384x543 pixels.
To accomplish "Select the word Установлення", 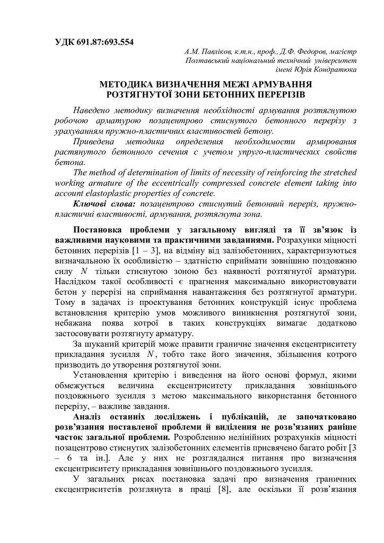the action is tap(101, 375).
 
